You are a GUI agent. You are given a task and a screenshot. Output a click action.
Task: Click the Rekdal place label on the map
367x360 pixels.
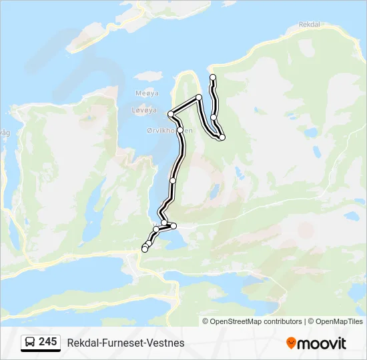(310, 25)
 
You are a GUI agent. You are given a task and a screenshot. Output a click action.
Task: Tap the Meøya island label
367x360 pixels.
(147, 93)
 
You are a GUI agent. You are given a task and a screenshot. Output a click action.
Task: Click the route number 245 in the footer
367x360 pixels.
(47, 342)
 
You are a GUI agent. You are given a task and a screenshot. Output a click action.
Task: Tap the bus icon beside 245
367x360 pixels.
(30, 343)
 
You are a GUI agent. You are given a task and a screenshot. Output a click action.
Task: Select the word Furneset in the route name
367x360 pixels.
(125, 343)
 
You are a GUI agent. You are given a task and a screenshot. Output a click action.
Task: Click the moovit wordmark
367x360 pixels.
(322, 343)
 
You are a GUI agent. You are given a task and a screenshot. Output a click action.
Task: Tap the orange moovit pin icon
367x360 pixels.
(291, 343)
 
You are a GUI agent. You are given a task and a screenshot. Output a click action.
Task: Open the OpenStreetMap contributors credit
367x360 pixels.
(256, 321)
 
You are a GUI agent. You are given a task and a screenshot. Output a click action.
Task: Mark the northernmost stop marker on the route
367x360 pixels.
(213, 78)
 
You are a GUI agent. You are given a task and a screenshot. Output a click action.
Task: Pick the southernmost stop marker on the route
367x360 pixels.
(145, 249)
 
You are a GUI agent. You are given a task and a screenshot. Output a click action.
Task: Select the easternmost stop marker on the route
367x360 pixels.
(222, 137)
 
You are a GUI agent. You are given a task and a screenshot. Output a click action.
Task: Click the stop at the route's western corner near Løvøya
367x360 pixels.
(171, 115)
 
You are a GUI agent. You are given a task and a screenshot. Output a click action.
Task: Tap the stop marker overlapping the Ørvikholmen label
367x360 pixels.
(179, 130)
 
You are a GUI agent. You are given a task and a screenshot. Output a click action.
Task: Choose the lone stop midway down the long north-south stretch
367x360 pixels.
(173, 181)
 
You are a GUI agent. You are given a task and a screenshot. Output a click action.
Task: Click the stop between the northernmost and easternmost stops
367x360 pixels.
(214, 117)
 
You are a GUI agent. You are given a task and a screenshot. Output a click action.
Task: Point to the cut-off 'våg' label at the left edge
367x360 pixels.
(5, 133)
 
